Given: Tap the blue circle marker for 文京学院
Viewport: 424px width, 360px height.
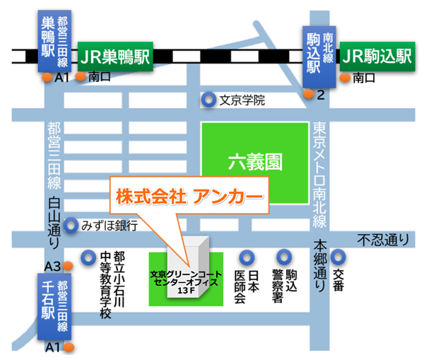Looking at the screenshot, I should (x=208, y=100).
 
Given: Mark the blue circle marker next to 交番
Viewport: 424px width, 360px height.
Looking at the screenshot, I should (x=338, y=257).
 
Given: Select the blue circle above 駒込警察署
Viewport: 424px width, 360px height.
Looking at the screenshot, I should (x=284, y=257).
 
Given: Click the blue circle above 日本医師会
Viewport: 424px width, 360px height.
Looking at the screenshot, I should (x=247, y=257).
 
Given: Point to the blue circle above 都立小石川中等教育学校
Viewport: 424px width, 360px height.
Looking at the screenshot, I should (x=88, y=257).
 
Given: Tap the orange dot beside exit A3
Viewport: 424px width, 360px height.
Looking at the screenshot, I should (x=69, y=266).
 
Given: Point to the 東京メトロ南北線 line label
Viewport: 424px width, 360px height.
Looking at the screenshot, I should (x=319, y=173).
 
